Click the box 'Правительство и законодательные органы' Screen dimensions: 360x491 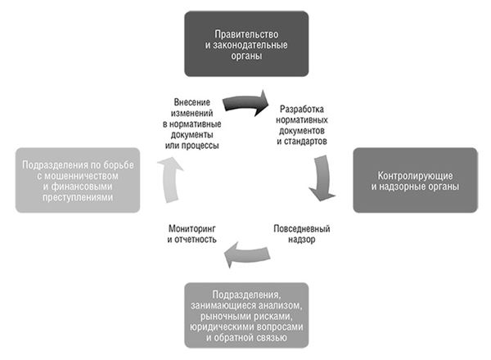[x=246, y=43]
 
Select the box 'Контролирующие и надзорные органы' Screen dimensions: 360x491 [x=417, y=181]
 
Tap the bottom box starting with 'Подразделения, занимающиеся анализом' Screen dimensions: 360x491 [x=246, y=315]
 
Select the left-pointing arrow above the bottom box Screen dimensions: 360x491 [x=246, y=254]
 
